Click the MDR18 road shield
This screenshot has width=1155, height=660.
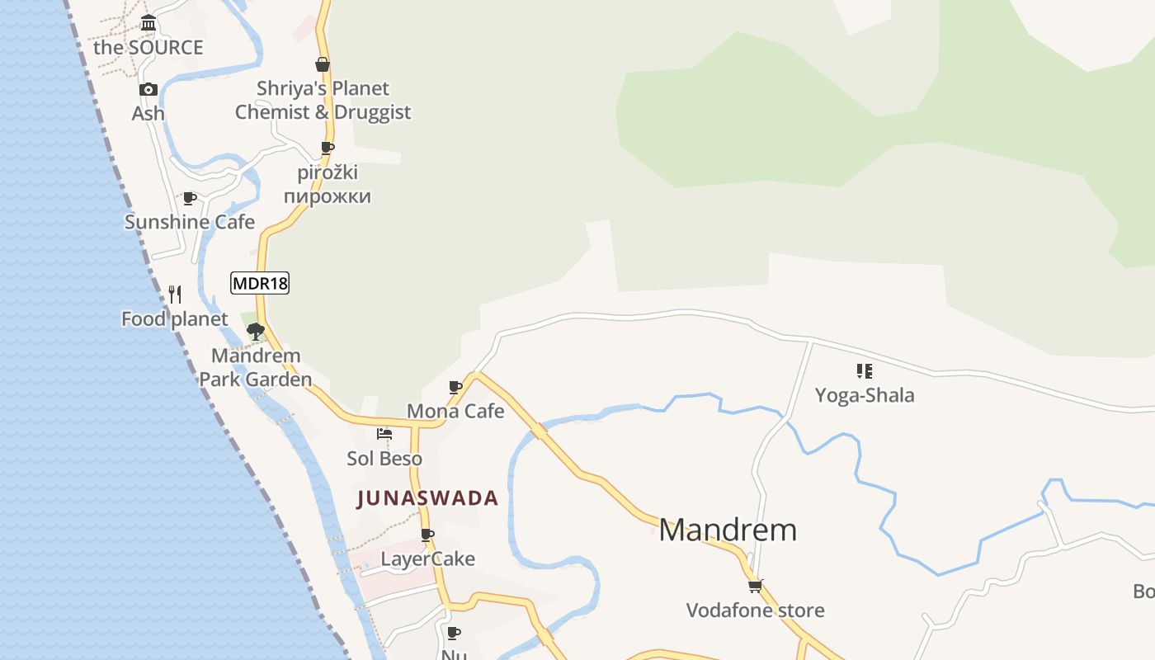click(x=260, y=284)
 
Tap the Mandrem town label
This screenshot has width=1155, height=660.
click(x=728, y=530)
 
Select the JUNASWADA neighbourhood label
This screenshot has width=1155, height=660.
click(x=427, y=498)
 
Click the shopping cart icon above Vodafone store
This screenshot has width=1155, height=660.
click(x=755, y=586)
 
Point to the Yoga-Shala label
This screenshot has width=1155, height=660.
click(x=865, y=395)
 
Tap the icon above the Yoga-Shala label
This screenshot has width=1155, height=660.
click(x=864, y=371)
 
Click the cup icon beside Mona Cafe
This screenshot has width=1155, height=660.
click(x=455, y=387)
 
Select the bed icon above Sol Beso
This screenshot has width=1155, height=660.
click(x=384, y=434)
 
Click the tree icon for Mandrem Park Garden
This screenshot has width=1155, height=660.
click(x=256, y=332)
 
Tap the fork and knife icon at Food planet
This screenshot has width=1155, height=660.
click(x=175, y=295)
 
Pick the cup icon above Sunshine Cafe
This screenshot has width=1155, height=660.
click(x=190, y=198)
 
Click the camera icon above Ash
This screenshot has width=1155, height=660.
click(x=148, y=89)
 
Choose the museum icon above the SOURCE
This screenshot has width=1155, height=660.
click(x=148, y=22)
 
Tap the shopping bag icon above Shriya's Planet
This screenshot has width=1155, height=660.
click(x=323, y=64)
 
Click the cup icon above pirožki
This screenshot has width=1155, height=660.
click(x=328, y=148)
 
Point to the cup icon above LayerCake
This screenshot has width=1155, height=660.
click(x=427, y=535)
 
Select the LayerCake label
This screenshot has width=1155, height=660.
click(x=427, y=559)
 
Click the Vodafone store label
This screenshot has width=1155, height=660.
click(x=755, y=610)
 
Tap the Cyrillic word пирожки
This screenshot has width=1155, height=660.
click(x=328, y=196)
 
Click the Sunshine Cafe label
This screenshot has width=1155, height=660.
click(x=190, y=222)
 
